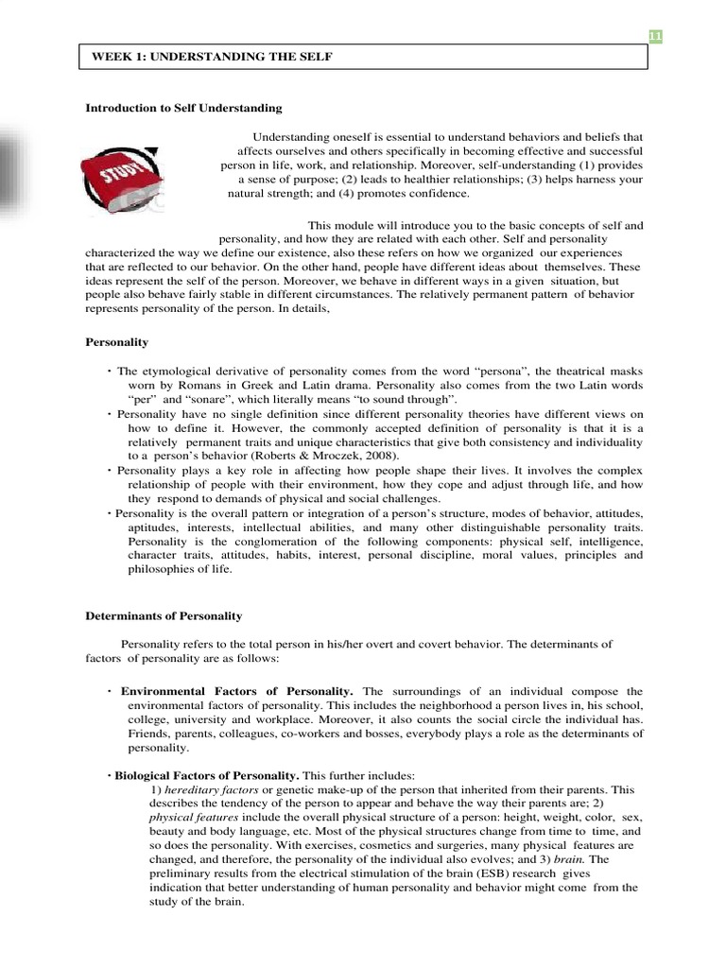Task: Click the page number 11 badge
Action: [x=653, y=36]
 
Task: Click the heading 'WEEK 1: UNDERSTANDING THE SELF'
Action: [x=212, y=58]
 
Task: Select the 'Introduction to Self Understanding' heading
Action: [x=183, y=109]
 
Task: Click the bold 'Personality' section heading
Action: [x=116, y=342]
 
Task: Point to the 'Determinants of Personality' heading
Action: [x=164, y=615]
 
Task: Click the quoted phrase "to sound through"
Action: [x=416, y=400]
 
